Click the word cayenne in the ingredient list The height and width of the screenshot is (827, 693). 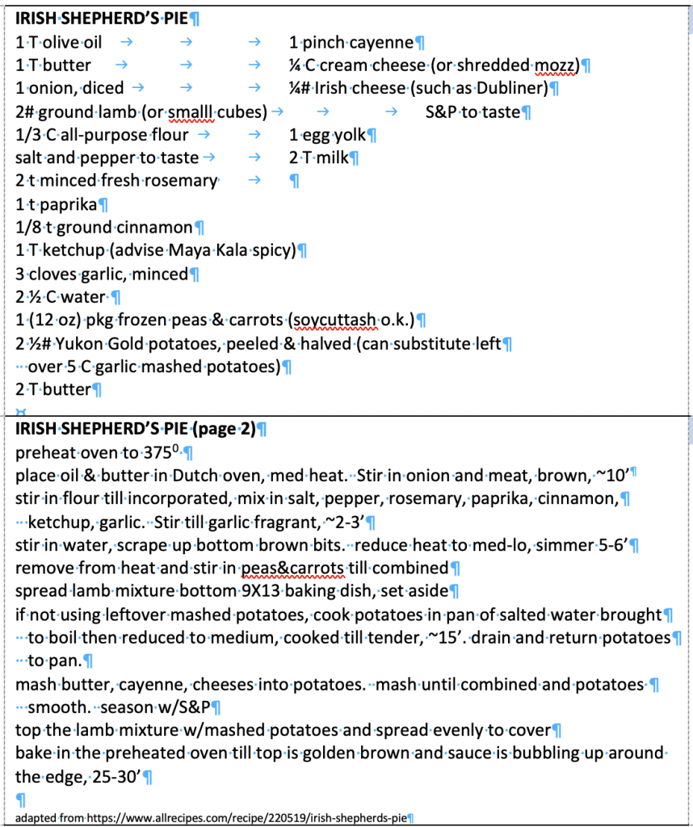click(x=380, y=42)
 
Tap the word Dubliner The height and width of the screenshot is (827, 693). click(x=517, y=88)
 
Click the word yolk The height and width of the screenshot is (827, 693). click(x=349, y=135)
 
